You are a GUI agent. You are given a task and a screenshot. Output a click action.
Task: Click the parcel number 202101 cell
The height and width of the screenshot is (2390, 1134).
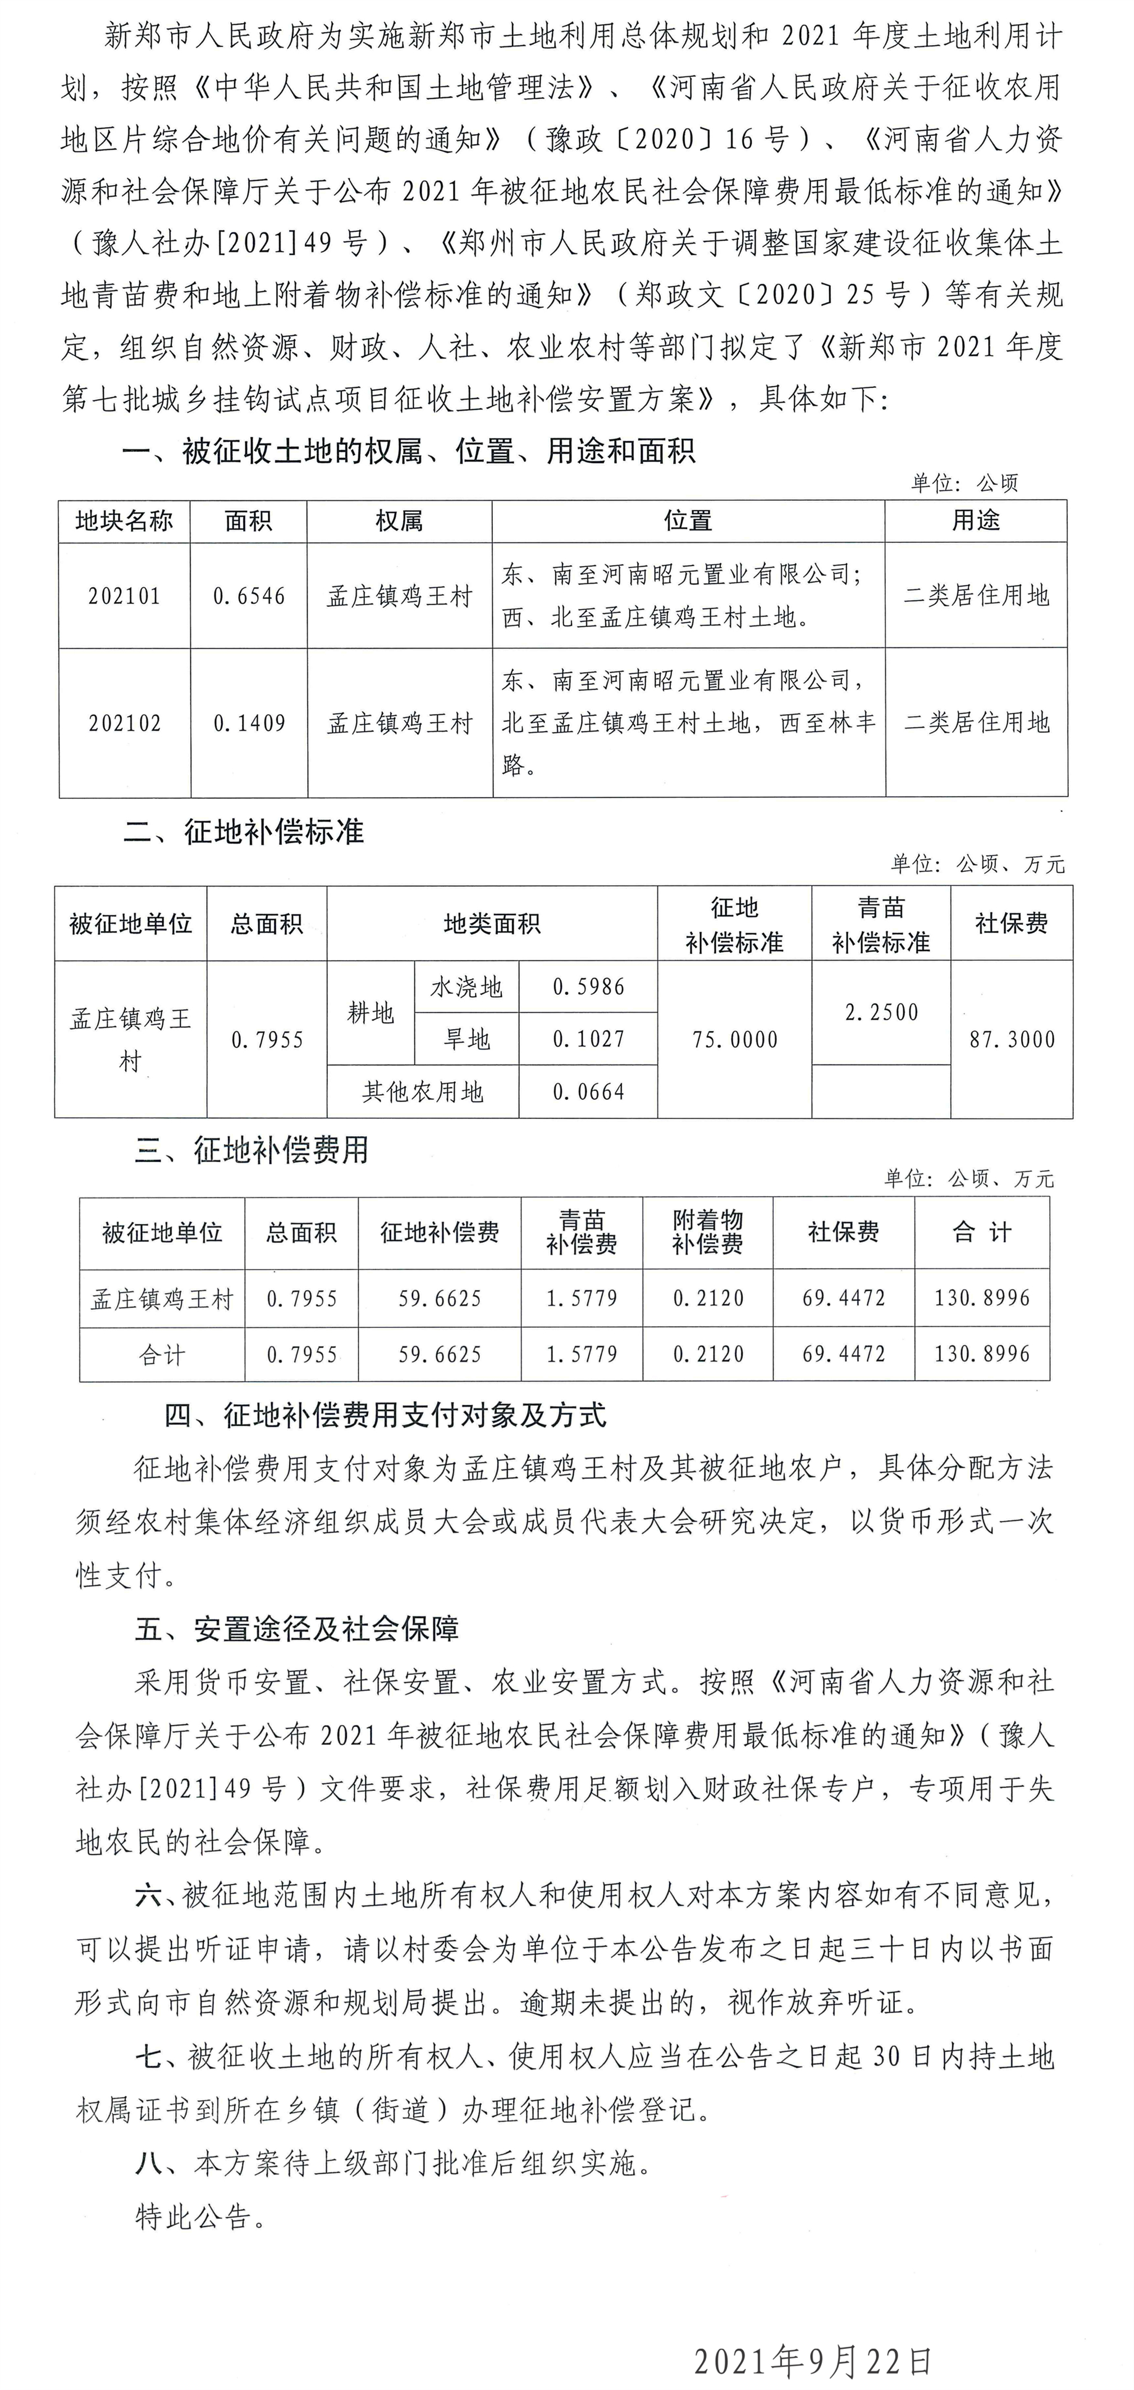point(125,596)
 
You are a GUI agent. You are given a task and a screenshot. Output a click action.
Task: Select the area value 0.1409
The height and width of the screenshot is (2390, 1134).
point(249,723)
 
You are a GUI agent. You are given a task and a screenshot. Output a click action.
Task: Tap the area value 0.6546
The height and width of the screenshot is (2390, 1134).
point(249,596)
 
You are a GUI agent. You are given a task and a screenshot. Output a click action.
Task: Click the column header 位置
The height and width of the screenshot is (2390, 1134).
point(688,520)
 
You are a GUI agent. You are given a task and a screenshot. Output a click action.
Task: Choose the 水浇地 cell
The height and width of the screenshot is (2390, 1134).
point(466,986)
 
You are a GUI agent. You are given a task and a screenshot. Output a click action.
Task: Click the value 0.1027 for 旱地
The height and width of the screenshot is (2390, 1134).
point(588,1039)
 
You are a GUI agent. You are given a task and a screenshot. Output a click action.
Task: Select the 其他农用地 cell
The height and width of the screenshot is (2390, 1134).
point(423,1092)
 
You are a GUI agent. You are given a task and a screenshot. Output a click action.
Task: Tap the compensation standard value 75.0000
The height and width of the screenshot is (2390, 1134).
point(734,1039)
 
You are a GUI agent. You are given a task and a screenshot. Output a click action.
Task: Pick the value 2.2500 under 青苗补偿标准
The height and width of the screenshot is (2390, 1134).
point(881,1012)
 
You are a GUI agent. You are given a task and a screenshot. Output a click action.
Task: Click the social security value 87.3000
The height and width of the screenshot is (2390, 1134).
point(1012,1039)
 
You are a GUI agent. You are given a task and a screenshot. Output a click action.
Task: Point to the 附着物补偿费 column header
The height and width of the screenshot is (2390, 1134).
point(707,1232)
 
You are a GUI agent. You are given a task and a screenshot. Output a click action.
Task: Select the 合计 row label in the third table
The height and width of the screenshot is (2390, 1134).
point(162,1355)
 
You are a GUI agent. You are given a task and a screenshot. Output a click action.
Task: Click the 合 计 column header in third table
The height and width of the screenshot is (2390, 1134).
point(982,1232)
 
